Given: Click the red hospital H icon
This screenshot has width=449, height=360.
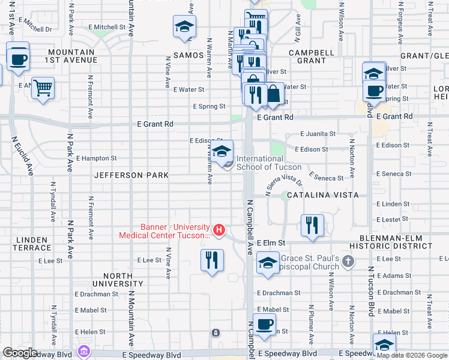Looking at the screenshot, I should pyautogui.click(x=219, y=230).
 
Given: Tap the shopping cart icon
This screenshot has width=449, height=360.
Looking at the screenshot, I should pyautogui.click(x=43, y=88).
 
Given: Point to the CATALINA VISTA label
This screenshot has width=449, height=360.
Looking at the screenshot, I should pyautogui.click(x=322, y=195).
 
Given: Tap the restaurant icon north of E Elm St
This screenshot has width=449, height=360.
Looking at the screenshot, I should pyautogui.click(x=312, y=225).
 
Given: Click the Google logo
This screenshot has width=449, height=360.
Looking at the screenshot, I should pyautogui.click(x=20, y=353).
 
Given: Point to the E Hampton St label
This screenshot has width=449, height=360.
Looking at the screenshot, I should pyautogui.click(x=96, y=158).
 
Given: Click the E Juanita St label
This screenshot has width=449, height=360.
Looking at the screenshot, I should pyautogui.click(x=318, y=134).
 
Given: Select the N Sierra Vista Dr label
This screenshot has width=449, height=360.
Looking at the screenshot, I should pyautogui.click(x=283, y=184).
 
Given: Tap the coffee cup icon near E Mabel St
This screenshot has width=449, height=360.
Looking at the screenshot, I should pyautogui.click(x=264, y=325).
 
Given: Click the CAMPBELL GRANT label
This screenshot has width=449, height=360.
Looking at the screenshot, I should pyautogui.click(x=312, y=56).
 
